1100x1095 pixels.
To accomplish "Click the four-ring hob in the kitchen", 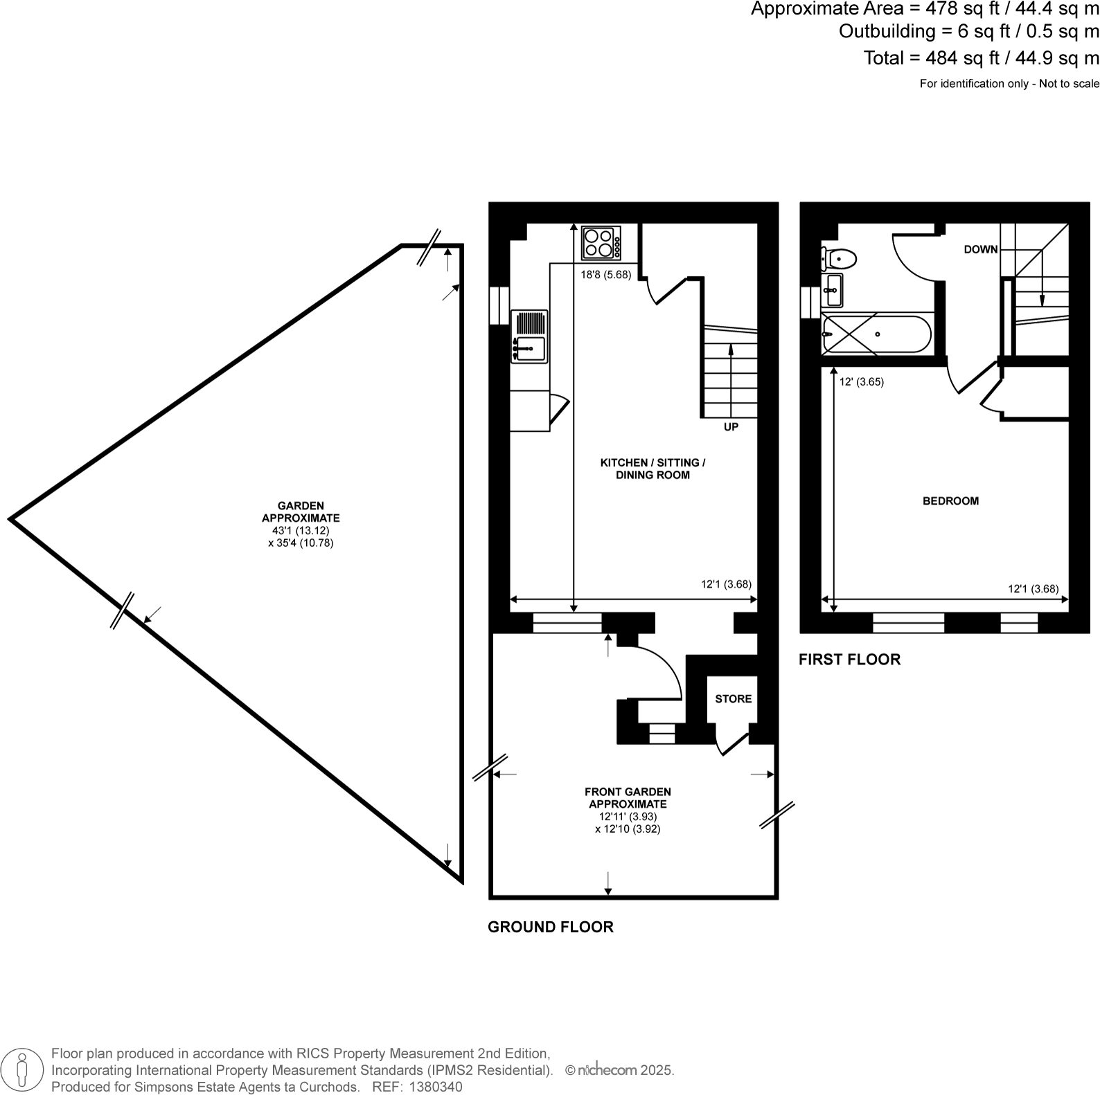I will point(601,243).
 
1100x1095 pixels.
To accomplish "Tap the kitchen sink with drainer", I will point(529,336).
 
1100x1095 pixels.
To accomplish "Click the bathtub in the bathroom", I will point(876,334).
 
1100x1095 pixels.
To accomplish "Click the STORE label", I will point(733,698).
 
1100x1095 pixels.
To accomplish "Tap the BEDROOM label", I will point(950,500).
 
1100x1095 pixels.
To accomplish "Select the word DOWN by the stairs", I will point(980,249).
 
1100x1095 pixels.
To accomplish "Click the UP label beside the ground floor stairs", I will point(731,427).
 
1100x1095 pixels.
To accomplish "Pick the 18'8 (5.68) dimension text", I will point(605,275).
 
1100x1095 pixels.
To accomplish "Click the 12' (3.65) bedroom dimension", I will point(861,381).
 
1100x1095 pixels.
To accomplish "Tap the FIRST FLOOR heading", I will point(849,659).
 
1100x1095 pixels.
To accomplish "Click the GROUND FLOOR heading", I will point(550,927).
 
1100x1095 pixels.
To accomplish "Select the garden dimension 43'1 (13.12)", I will point(301,530).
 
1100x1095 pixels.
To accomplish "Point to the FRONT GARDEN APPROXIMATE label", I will point(628,797).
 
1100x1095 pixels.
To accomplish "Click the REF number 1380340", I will point(436,1087).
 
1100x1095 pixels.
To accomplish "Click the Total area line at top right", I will point(981,58).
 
